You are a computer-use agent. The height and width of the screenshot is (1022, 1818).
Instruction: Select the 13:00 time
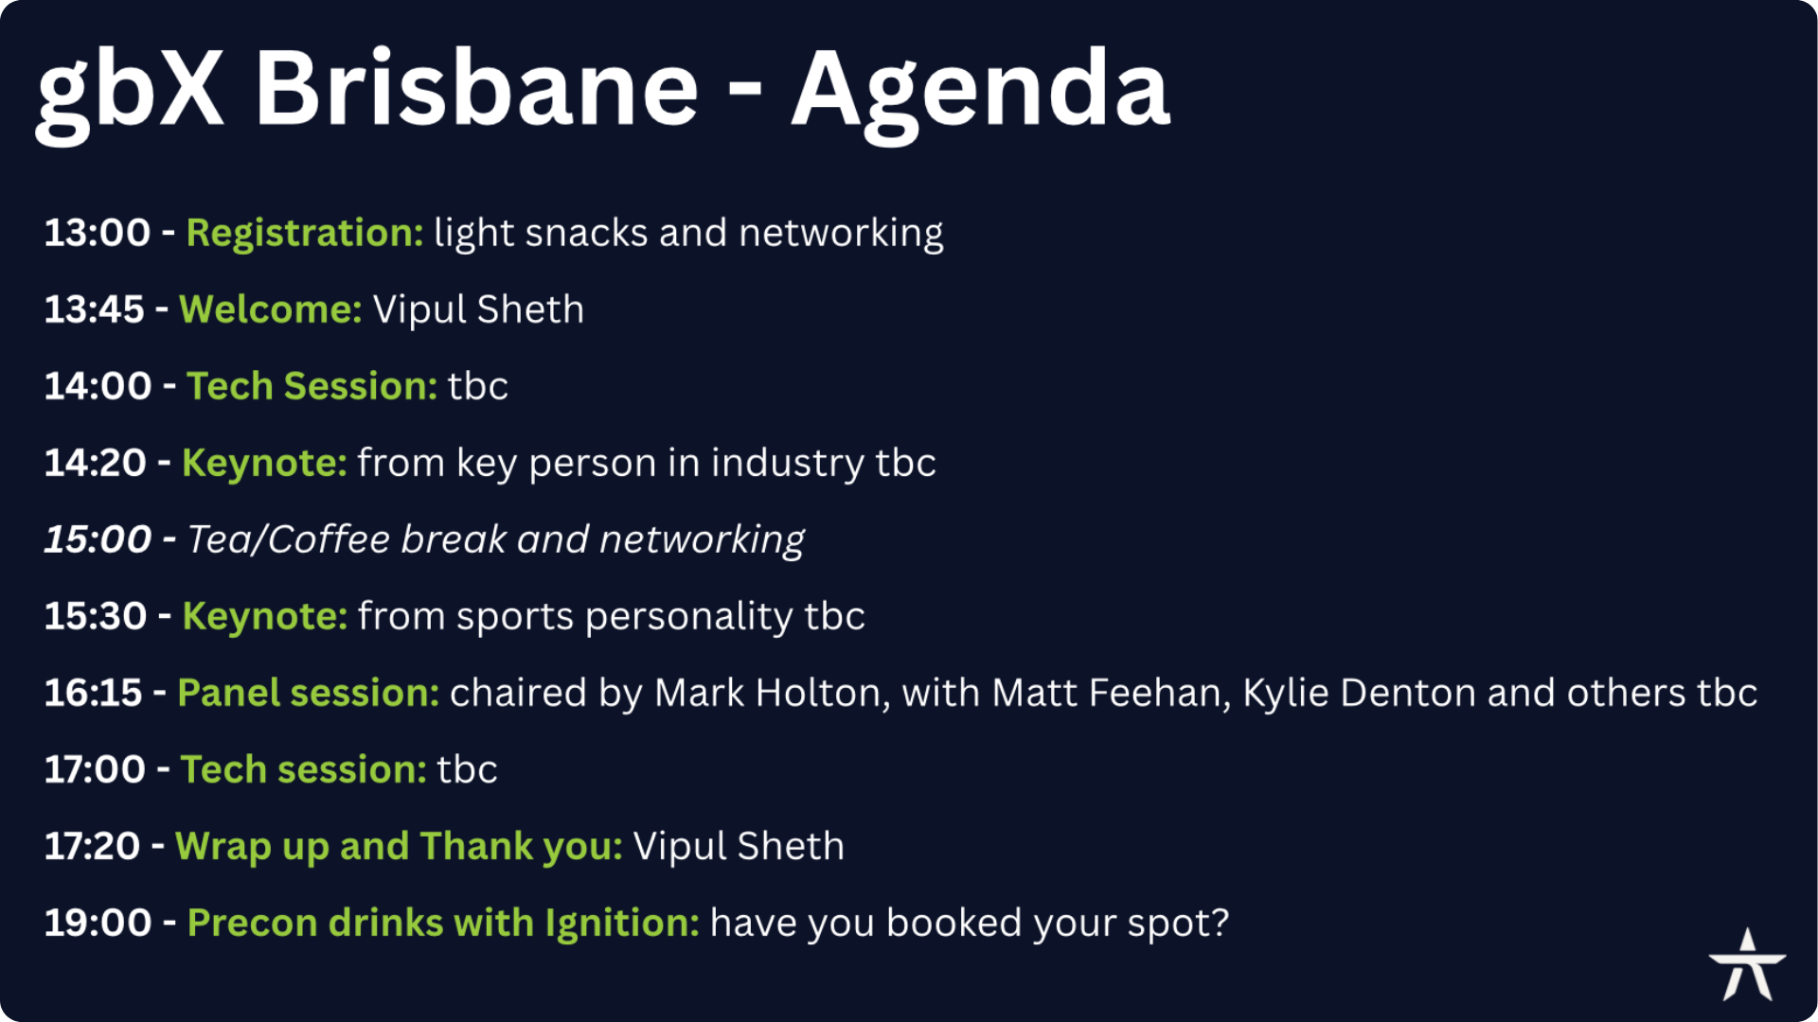coord(98,233)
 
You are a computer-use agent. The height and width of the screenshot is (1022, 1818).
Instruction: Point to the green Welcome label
coord(271,309)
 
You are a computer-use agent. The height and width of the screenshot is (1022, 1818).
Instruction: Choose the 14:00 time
coord(98,386)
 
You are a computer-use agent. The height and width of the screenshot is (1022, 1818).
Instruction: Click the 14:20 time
coord(96,463)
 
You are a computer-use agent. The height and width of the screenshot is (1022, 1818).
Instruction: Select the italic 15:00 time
coord(98,539)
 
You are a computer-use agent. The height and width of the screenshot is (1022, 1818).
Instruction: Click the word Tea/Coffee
coord(289,539)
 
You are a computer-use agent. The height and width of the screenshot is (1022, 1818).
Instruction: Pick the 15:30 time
coord(96,616)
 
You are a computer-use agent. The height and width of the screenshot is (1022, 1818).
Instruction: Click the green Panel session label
coord(309,693)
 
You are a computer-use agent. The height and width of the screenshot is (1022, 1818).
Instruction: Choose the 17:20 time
coord(93,846)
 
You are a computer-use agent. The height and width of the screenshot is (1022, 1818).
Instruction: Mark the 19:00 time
coord(98,923)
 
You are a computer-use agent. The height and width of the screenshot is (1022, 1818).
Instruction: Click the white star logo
coord(1748,964)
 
